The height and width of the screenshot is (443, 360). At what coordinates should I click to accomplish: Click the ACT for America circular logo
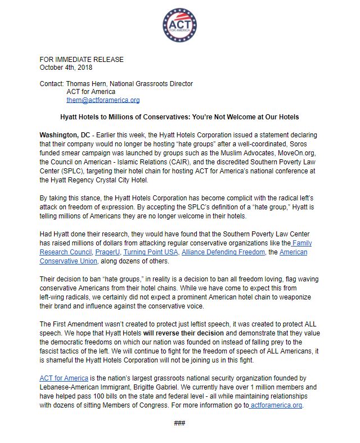(x=179, y=24)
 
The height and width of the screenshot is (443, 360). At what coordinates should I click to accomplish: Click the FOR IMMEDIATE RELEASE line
(x=82, y=60)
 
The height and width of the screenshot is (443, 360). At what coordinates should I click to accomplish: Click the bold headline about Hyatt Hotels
(x=179, y=117)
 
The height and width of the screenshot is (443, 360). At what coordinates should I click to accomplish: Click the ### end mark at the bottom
(x=179, y=423)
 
